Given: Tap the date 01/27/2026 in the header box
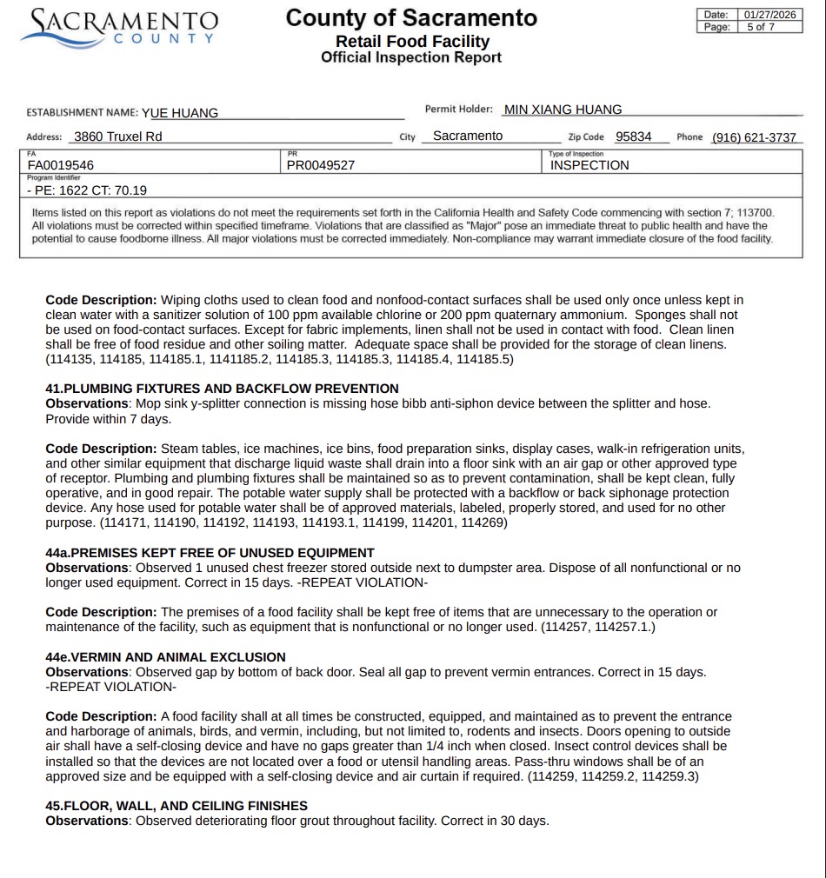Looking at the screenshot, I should click(769, 15).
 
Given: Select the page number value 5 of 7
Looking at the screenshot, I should click(761, 27).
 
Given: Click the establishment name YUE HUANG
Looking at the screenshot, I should click(180, 112).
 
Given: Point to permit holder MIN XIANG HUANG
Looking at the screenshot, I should click(563, 110).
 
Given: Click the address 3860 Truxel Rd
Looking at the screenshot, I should click(118, 136).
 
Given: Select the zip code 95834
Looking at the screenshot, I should click(634, 136).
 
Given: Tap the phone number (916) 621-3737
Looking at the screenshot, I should click(754, 137).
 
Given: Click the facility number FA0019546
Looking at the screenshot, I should click(61, 165).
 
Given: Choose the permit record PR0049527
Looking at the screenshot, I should click(321, 165).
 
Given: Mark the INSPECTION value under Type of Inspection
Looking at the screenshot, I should click(590, 165).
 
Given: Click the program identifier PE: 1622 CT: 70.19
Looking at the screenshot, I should click(87, 190).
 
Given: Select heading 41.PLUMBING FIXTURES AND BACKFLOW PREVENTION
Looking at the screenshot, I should click(222, 389).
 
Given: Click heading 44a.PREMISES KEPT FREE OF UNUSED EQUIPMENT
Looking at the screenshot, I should click(210, 553).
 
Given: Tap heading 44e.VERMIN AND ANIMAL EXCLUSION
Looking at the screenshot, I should click(165, 657).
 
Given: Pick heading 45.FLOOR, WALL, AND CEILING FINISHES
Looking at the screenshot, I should click(177, 806).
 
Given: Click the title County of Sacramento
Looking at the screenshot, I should click(411, 17).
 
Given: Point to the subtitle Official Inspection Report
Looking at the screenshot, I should click(411, 57).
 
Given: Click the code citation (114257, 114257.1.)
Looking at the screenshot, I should click(598, 627).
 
